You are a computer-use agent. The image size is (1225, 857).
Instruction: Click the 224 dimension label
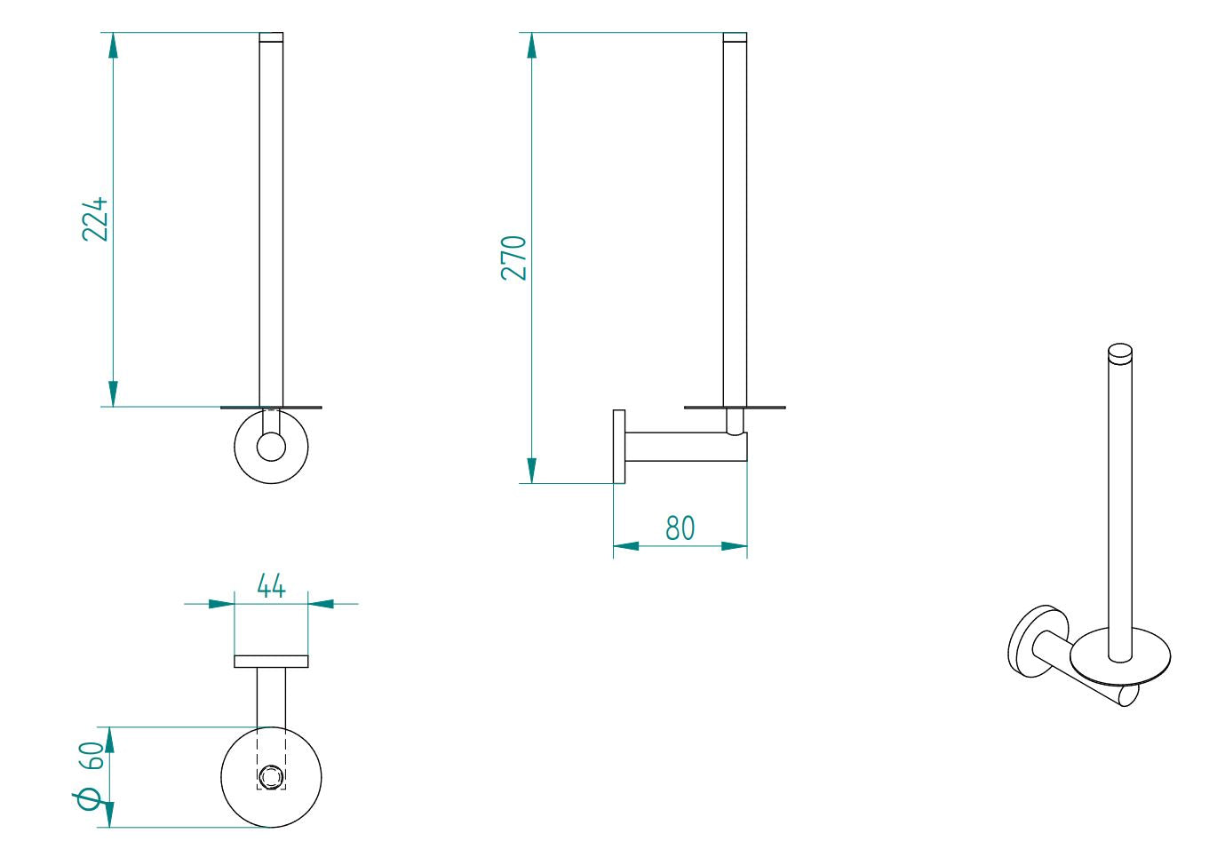(x=95, y=218)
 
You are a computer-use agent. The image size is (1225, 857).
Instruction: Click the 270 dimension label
(x=513, y=258)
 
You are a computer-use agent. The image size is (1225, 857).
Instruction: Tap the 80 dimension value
(x=680, y=528)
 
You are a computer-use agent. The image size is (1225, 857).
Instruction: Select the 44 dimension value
(x=271, y=586)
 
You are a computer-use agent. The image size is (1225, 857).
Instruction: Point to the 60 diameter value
(x=92, y=756)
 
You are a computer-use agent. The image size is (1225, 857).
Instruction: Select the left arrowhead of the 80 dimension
(x=626, y=546)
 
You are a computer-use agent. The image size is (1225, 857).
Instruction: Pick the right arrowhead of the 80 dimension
(x=734, y=546)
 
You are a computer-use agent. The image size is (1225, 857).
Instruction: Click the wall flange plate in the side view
(x=619, y=447)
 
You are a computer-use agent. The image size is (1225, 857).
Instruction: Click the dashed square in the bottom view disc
(x=271, y=777)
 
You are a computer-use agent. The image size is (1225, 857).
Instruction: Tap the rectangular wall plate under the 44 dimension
(x=271, y=661)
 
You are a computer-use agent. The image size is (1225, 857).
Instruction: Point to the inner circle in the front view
(x=271, y=447)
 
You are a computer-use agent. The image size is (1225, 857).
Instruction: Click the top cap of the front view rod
(x=271, y=37)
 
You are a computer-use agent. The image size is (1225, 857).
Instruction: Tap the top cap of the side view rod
(x=735, y=37)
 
